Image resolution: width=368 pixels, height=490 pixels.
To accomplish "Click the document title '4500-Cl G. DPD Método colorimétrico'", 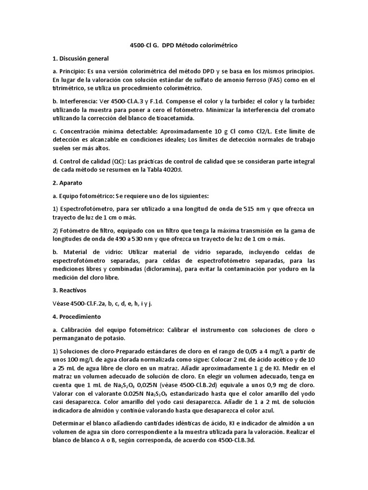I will click(184, 45).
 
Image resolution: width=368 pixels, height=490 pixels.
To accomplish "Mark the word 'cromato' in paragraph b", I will click(302, 110).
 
